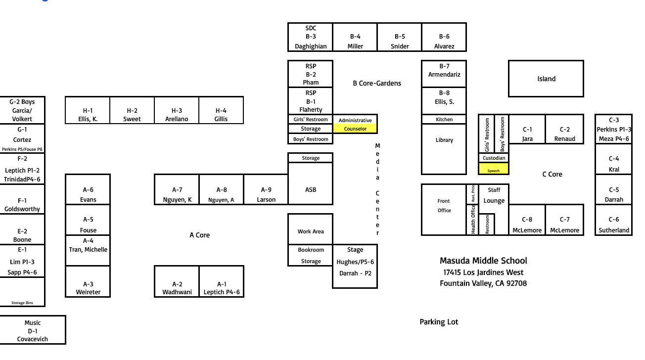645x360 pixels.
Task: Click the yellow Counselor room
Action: pos(355,129)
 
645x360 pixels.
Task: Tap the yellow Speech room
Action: pos(494,168)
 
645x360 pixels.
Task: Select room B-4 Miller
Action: pos(355,37)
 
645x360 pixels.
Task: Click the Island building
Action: pos(546,79)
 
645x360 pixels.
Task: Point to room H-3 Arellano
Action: pos(177,110)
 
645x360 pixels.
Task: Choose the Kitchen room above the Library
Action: pos(444,119)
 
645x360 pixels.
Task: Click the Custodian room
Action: pos(494,158)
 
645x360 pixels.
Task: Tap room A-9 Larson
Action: pos(266,189)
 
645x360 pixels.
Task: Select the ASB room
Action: pos(311,183)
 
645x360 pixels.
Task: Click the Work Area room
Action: pos(311,229)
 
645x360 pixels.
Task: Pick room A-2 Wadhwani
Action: pos(177,281)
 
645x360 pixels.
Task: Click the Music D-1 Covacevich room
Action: pos(33,330)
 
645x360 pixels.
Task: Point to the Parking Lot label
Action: pos(439,322)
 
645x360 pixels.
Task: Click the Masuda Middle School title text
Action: pos(483,261)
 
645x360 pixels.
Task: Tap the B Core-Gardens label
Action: pos(377,83)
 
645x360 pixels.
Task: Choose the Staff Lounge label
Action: pos(494,195)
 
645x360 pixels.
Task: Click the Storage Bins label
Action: pos(22,303)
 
